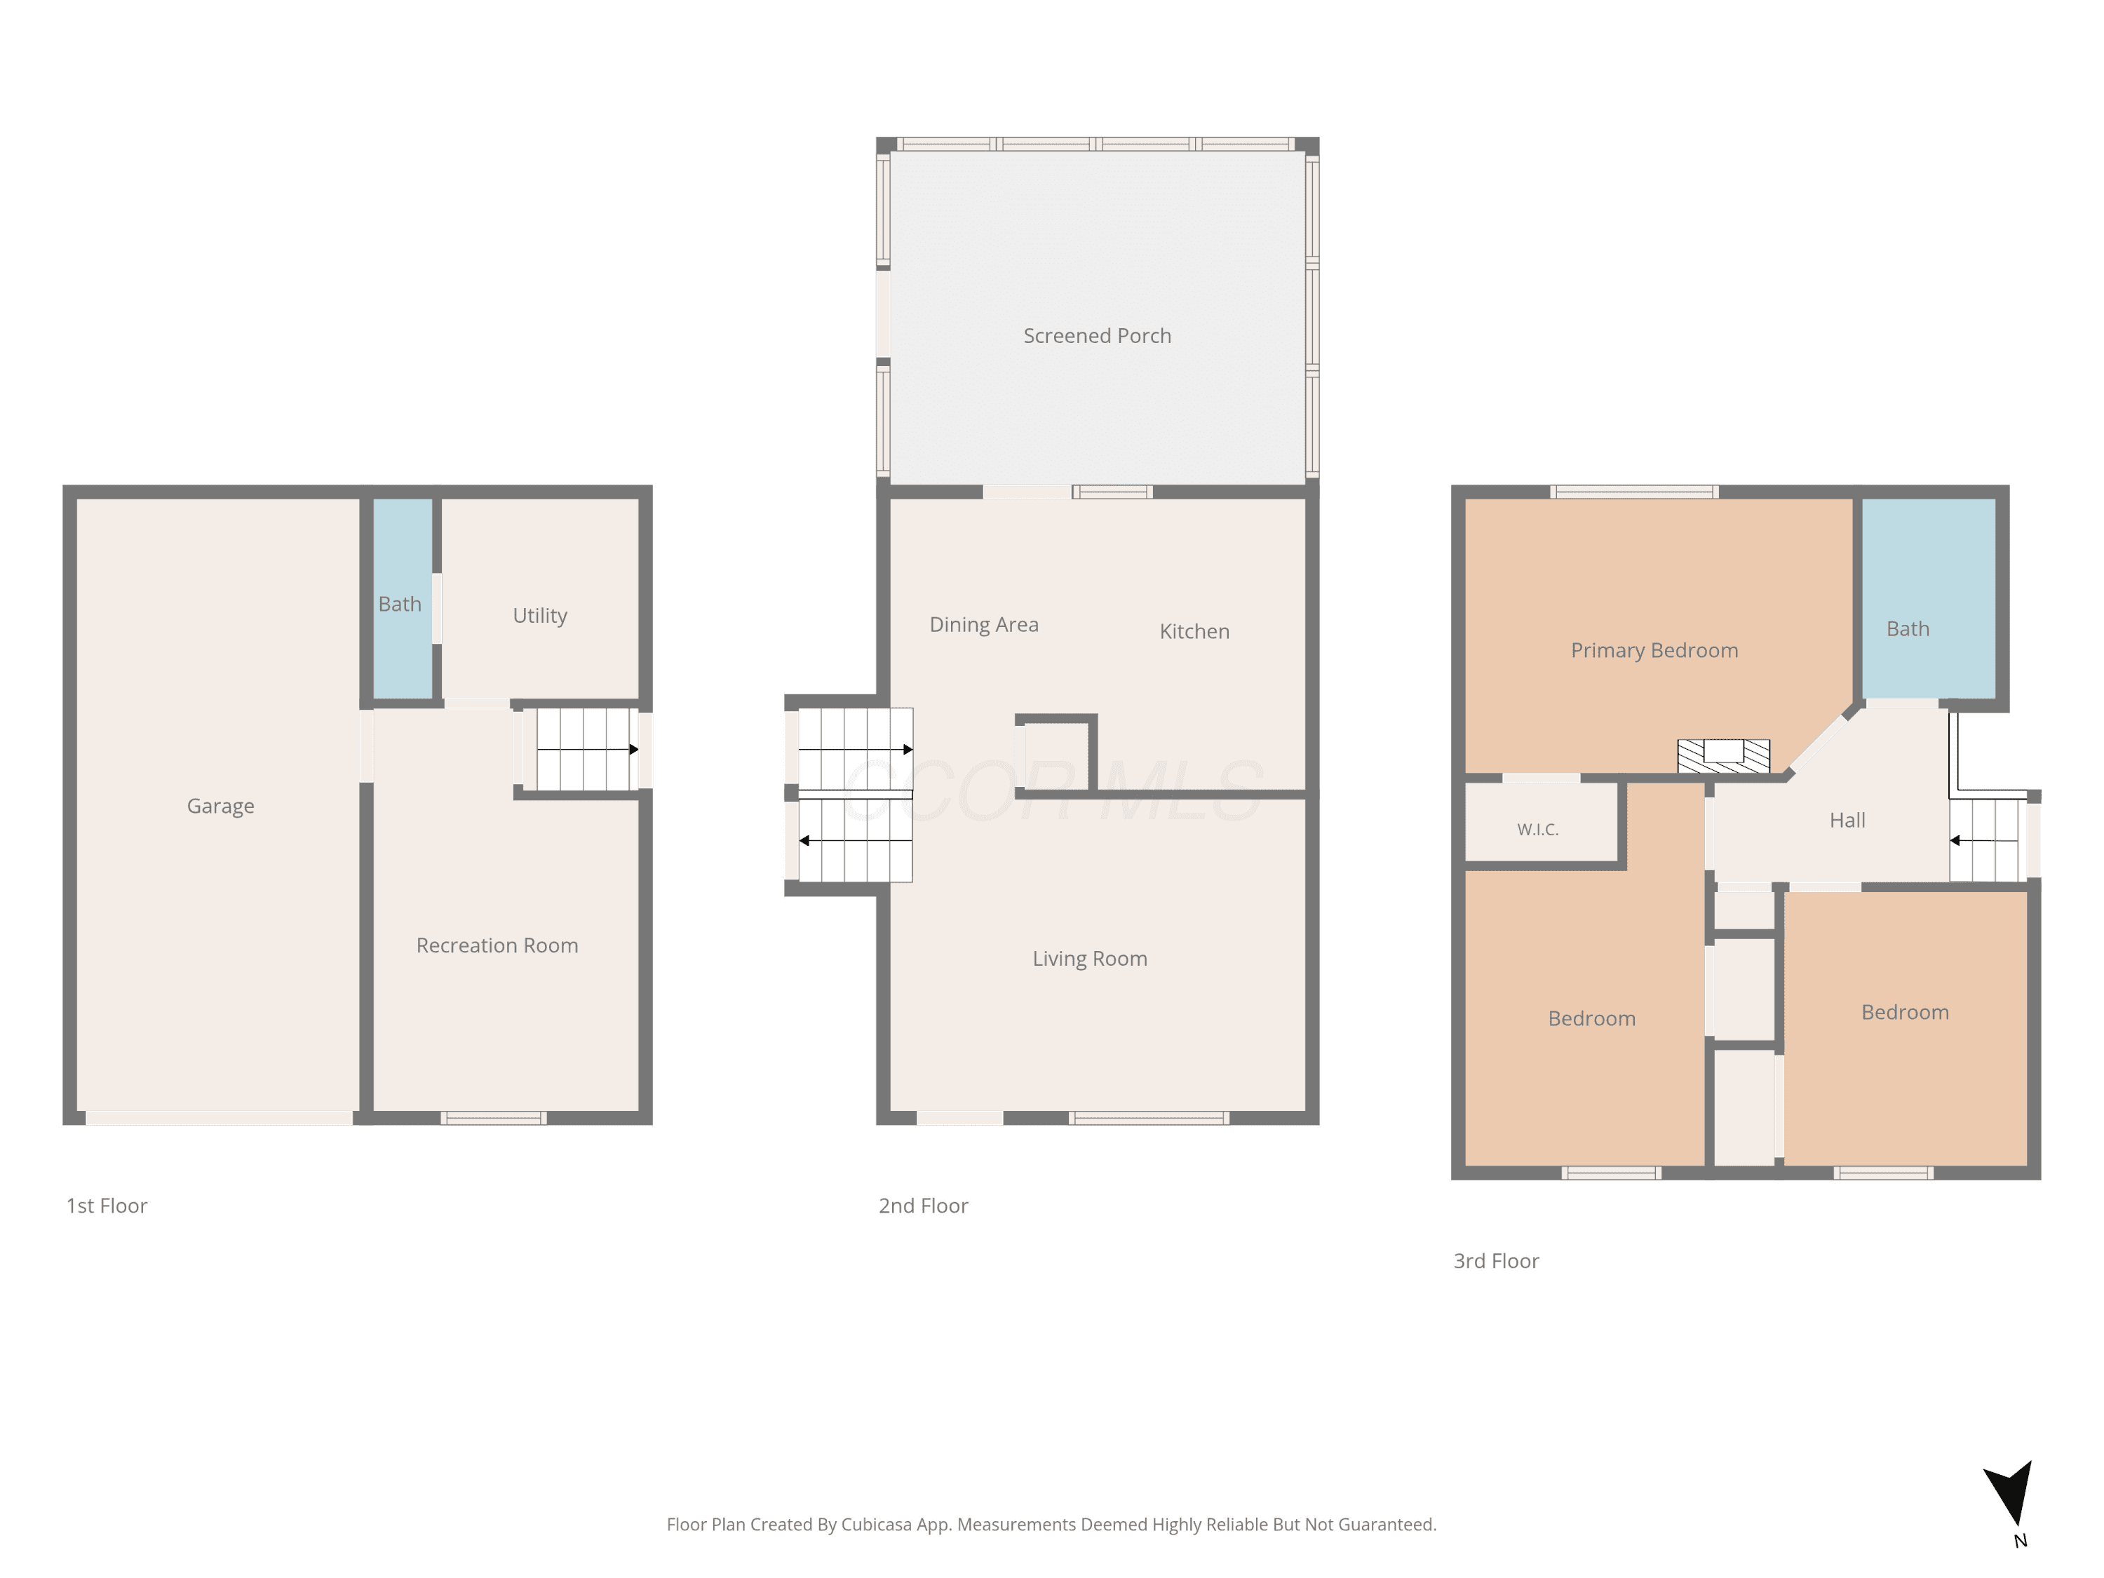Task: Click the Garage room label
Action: pos(221,806)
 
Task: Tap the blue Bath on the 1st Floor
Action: pos(403,599)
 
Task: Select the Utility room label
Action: pos(540,615)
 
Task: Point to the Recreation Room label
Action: pos(497,945)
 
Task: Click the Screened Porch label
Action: pos(1097,336)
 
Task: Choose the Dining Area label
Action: pos(983,625)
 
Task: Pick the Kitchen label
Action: pos(1194,632)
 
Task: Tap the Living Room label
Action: pos(1090,959)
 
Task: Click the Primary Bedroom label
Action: pos(1654,651)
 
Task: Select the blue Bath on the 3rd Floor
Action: pos(1928,599)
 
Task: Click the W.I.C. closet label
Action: pos(1538,830)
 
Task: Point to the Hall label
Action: pos(1847,820)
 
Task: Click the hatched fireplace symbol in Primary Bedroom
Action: pos(1724,756)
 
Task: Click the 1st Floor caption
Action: pos(107,1206)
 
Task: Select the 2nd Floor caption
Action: pos(923,1206)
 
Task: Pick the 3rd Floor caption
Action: pos(1495,1261)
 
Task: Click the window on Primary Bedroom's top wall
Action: pos(1634,492)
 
